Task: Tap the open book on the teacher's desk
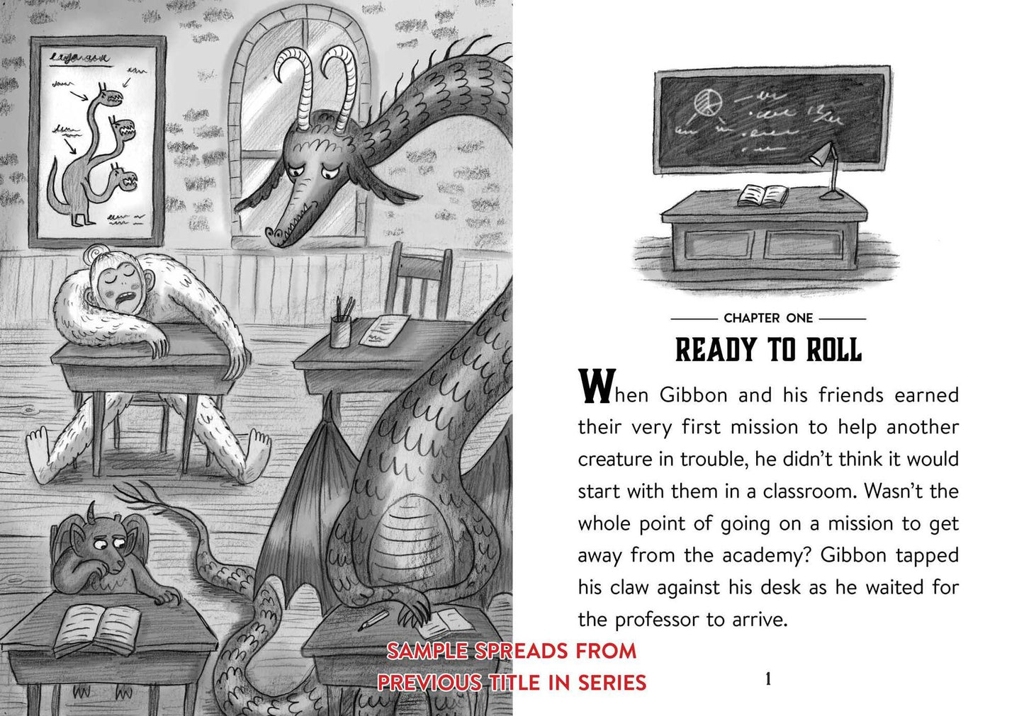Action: (x=763, y=195)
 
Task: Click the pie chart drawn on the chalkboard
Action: (x=708, y=103)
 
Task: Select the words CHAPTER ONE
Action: (x=768, y=318)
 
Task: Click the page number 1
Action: (x=768, y=679)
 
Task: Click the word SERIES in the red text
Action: (x=612, y=683)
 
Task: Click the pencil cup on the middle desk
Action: (x=341, y=330)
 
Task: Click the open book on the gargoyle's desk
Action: (x=97, y=630)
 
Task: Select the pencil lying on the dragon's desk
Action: (x=373, y=620)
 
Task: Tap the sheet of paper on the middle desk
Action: (x=384, y=330)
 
